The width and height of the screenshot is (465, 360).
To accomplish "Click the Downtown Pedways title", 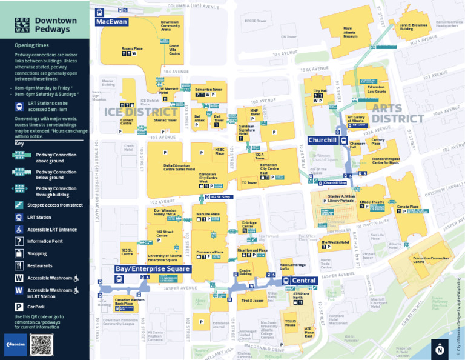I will pyautogui.click(x=55, y=24).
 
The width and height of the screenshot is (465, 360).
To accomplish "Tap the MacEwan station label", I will pyautogui.click(x=111, y=22).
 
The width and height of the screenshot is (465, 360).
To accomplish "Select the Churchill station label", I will pyautogui.click(x=322, y=141).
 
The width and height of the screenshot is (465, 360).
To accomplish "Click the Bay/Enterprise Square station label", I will pyautogui.click(x=153, y=268).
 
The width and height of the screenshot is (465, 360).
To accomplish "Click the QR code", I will pyautogui.click(x=42, y=345).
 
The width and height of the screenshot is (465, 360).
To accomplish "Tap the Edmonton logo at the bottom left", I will pyautogui.click(x=15, y=345).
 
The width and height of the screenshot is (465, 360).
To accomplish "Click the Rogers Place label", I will pyautogui.click(x=131, y=48).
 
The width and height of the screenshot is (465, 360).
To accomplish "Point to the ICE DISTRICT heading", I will pyautogui.click(x=141, y=112).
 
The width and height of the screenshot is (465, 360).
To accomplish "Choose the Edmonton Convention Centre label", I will pyautogui.click(x=430, y=260).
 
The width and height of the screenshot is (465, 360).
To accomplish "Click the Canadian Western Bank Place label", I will pyautogui.click(x=130, y=301).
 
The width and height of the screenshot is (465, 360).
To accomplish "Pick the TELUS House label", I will pyautogui.click(x=291, y=324).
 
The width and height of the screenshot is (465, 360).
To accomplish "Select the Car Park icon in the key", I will pyautogui.click(x=19, y=307).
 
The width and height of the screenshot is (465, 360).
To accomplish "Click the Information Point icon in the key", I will pyautogui.click(x=19, y=241).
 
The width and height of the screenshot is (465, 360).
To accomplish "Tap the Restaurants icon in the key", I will pyautogui.click(x=19, y=265).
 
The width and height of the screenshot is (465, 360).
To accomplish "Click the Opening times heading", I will pyautogui.click(x=32, y=45).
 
